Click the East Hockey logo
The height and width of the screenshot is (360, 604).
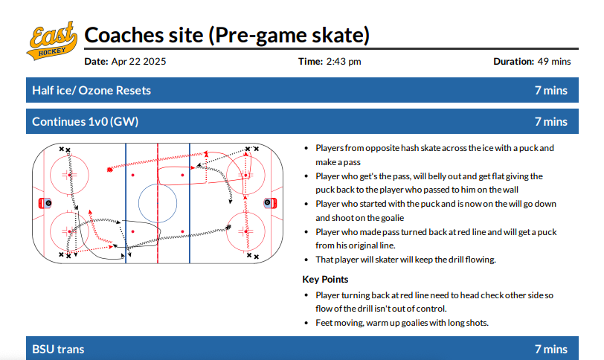(52, 41)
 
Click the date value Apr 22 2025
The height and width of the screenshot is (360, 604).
(138, 62)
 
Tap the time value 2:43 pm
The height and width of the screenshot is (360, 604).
(344, 62)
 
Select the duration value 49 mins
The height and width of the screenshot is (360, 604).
(554, 62)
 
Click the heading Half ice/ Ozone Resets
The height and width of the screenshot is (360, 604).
(91, 91)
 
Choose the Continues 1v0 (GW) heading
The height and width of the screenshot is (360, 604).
(85, 122)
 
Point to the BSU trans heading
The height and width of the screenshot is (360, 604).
(58, 350)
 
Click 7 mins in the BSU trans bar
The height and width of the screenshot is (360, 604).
(551, 350)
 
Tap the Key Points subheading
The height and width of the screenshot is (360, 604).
(325, 280)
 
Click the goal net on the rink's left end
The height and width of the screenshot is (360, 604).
(45, 203)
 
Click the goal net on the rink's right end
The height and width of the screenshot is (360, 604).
(270, 203)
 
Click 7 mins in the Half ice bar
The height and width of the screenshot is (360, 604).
(551, 91)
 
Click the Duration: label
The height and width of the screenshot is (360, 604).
(514, 62)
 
